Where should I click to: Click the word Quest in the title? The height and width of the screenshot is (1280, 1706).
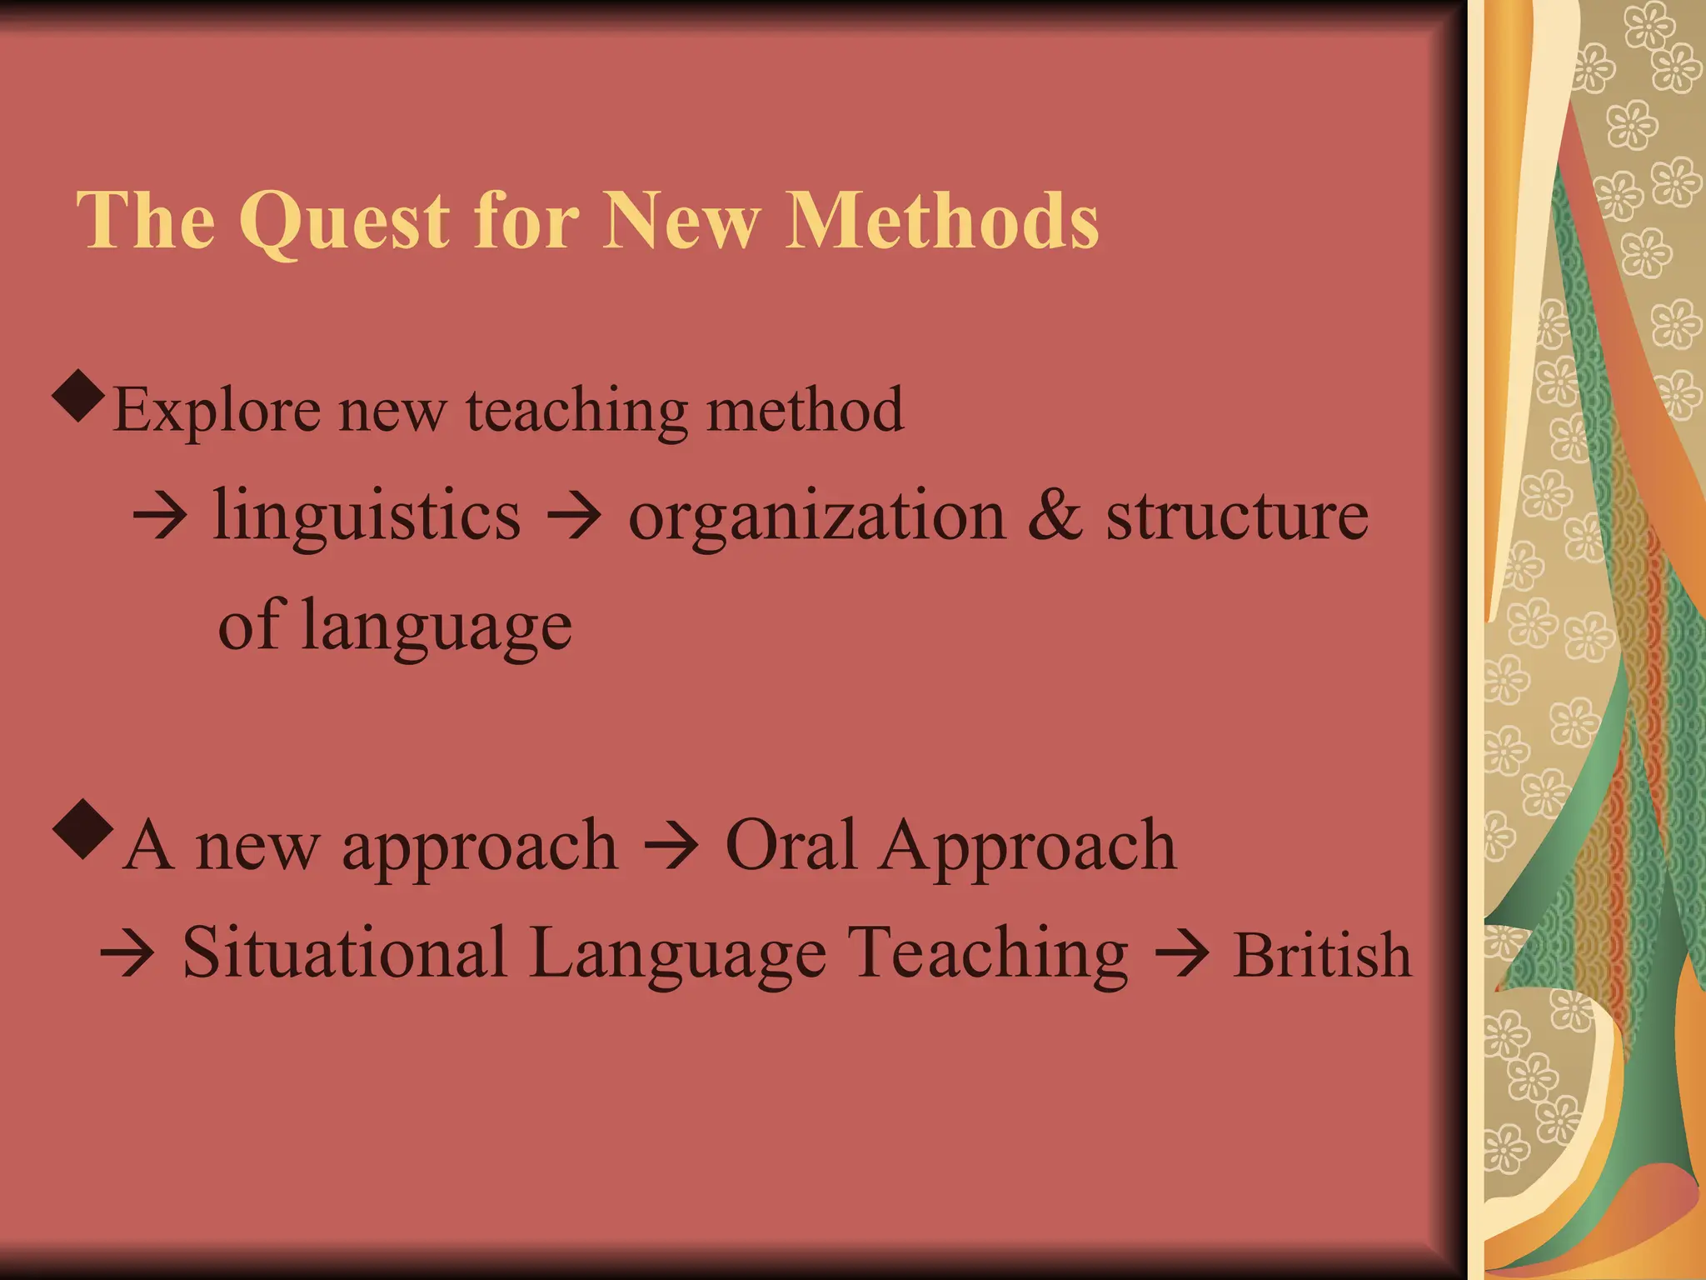(344, 220)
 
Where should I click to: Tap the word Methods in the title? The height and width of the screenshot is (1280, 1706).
(942, 220)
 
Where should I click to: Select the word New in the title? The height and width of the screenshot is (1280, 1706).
(681, 220)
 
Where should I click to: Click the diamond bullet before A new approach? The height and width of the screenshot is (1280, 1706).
(82, 828)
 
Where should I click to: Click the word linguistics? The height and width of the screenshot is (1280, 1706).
(367, 515)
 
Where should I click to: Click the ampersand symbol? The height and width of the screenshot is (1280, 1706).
(1055, 515)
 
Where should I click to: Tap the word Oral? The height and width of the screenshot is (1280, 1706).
(791, 844)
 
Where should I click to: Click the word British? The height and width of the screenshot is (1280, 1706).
(1322, 954)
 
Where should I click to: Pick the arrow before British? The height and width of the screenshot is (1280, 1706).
(1180, 954)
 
